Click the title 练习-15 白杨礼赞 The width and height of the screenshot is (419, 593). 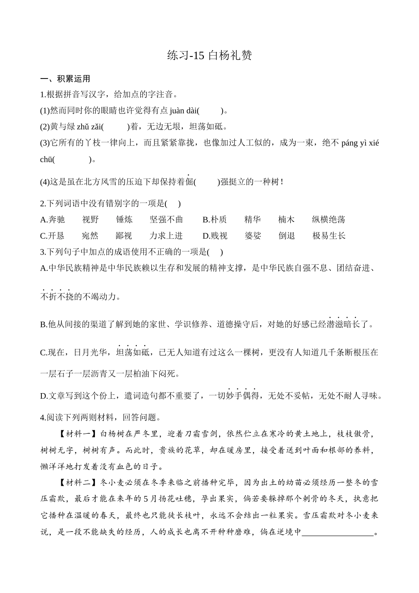209,55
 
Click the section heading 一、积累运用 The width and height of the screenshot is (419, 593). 65,79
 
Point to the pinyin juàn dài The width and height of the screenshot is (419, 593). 183,111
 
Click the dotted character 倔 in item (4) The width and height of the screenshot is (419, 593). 189,181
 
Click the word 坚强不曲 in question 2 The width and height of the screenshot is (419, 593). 166,220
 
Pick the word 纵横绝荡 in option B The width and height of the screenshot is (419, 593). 328,220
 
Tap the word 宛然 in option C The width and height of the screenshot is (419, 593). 90,236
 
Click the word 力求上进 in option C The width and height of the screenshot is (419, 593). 166,236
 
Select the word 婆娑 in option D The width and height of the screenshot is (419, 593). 253,236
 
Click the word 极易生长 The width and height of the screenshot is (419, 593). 329,236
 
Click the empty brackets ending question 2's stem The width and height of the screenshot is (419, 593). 172,203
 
